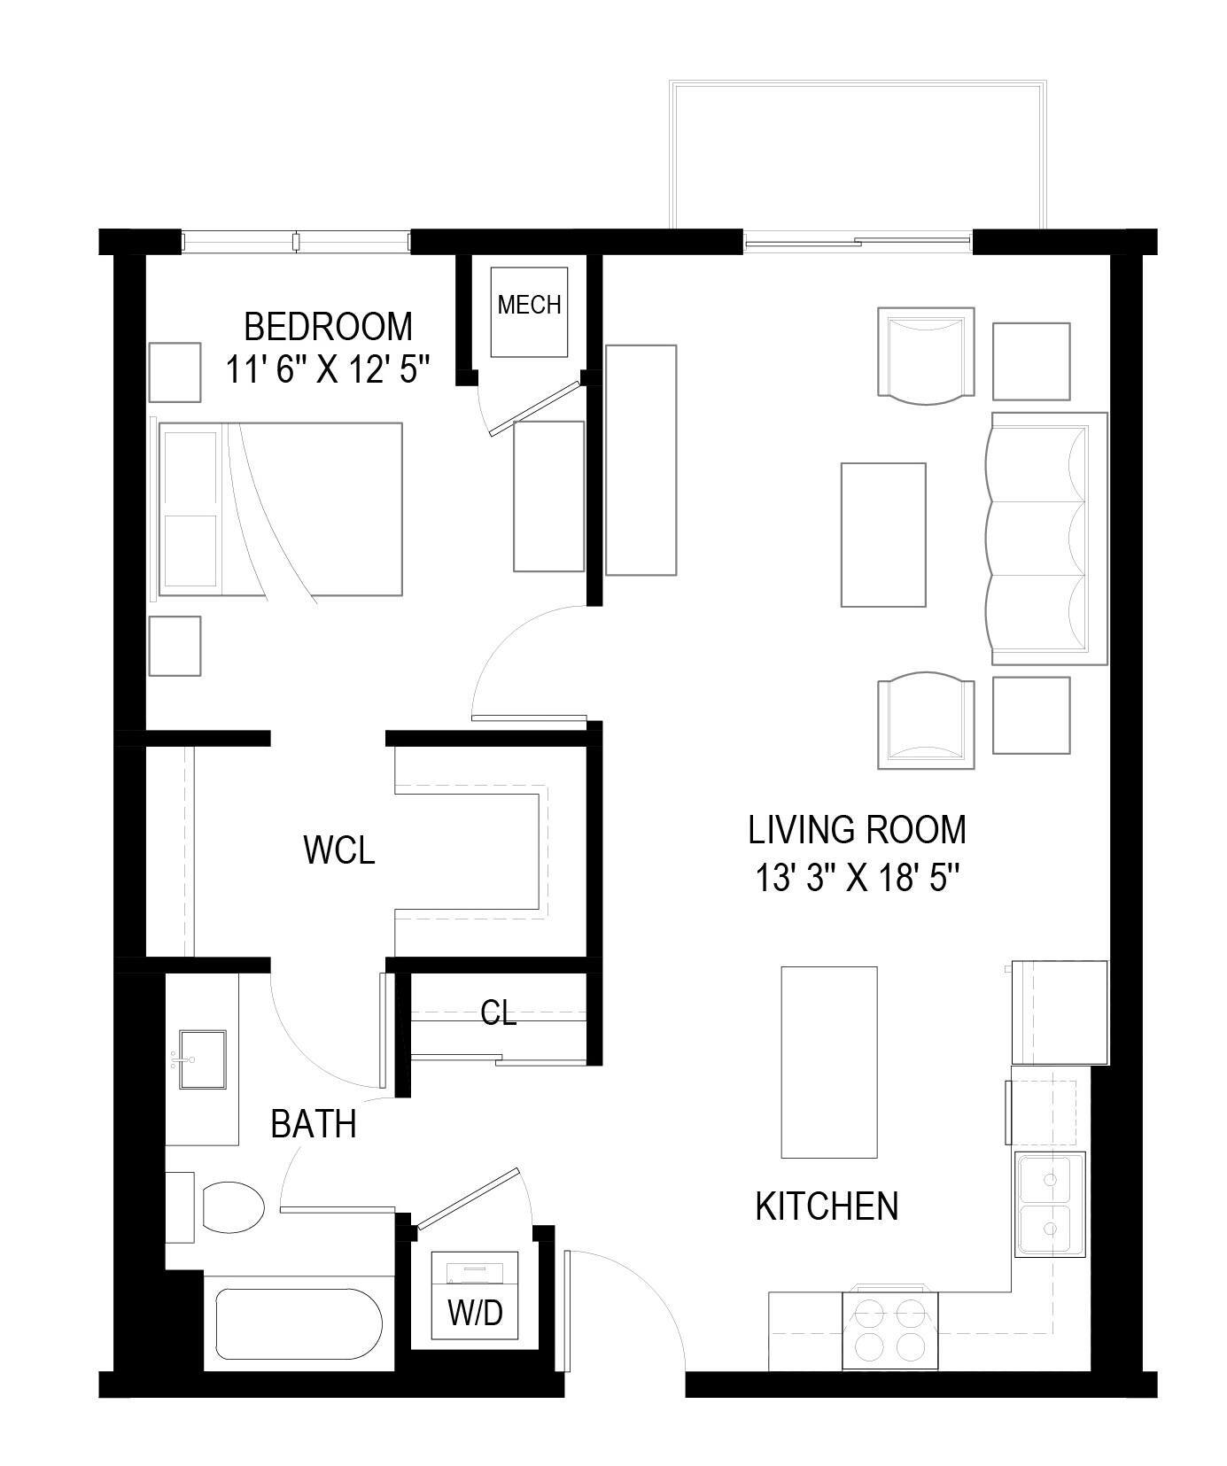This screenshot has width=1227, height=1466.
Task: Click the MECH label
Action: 529,305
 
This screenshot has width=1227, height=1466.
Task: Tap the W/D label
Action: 475,1312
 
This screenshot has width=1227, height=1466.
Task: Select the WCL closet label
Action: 338,849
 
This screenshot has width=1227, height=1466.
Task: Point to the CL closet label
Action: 498,1012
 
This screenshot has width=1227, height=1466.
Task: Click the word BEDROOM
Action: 328,327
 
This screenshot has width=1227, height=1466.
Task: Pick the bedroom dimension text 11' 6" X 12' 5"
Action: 328,369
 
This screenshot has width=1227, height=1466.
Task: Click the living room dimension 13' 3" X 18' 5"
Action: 858,880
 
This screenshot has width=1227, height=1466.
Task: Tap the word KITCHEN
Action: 827,1206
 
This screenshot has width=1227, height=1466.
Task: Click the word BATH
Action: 313,1124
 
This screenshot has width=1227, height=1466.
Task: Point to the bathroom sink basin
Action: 203,1058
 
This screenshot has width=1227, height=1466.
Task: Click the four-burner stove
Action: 889,1330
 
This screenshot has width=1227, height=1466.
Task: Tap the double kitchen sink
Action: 1050,1204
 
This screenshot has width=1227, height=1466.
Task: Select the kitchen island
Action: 828,1061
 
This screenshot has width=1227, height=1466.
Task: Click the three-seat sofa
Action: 1045,539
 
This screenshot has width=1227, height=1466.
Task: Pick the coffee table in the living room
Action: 882,534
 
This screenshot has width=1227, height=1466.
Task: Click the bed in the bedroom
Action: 280,509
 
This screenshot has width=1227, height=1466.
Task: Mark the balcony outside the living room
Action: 858,155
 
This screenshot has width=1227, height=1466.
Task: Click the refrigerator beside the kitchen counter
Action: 1060,1012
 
